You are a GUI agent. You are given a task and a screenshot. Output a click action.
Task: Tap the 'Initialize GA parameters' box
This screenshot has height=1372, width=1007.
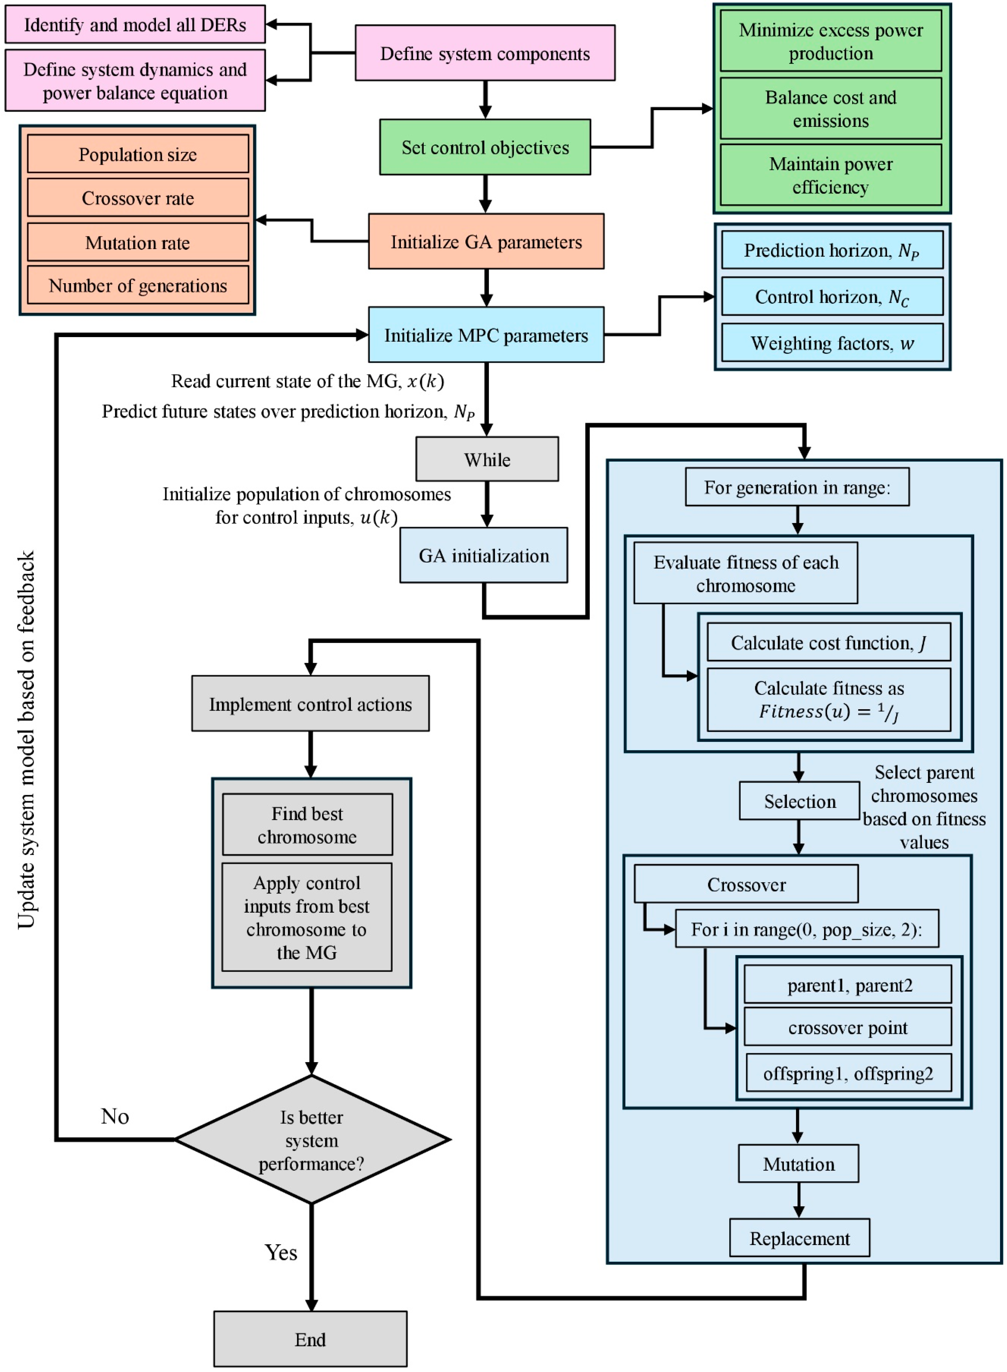(486, 242)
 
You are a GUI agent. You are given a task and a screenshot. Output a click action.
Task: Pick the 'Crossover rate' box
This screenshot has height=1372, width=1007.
(138, 198)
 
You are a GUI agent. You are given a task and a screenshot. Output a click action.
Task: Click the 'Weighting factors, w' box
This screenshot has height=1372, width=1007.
(832, 343)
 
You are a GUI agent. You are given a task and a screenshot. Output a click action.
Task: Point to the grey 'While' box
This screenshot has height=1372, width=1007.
(487, 459)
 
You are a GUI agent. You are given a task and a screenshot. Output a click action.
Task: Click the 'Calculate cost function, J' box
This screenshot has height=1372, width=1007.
(829, 643)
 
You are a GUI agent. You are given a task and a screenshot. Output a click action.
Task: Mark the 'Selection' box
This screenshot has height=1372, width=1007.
(799, 801)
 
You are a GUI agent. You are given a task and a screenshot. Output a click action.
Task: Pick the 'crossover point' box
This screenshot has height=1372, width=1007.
(847, 1028)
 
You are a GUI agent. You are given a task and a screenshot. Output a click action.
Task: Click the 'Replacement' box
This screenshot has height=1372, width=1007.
(799, 1239)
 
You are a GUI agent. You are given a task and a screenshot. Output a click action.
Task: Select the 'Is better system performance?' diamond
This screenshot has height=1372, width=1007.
(311, 1140)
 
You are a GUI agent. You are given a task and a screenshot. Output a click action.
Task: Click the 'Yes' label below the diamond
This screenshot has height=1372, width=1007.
(281, 1253)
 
